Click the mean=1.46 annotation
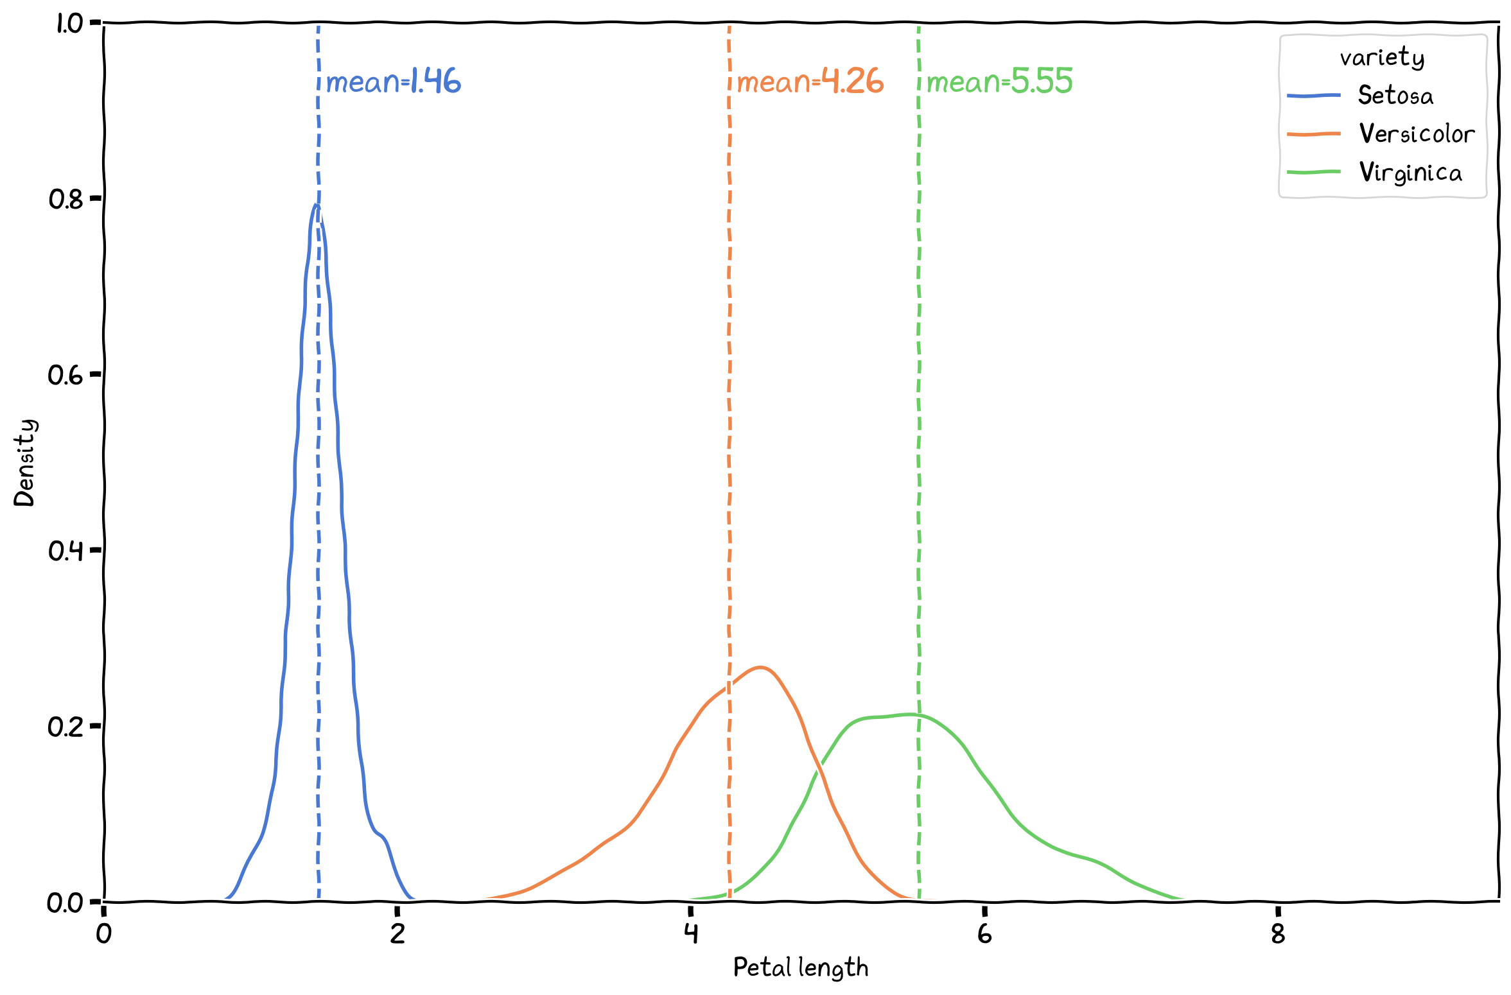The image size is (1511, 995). pos(393,82)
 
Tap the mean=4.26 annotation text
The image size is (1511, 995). pos(810,82)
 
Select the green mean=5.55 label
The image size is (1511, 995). pos(999,82)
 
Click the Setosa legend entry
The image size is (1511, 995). pos(1395,96)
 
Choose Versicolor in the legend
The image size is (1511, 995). pos(1417,134)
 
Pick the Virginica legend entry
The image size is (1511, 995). pos(1410,173)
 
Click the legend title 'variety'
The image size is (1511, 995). pos(1382,58)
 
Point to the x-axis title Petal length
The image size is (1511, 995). pos(800,967)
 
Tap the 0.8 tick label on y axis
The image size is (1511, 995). pos(66,199)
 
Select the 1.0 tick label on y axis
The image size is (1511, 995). pos(69,24)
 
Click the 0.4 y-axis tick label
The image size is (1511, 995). pos(66,551)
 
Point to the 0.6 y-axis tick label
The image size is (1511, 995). pos(66,375)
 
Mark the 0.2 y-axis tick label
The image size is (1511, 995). pos(66,727)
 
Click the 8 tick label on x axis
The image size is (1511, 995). pos(1278,934)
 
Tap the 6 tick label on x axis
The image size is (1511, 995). pos(984,934)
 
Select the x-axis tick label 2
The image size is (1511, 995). pos(397,934)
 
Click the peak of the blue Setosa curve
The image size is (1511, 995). pos(316,205)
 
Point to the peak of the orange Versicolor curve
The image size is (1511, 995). pos(760,668)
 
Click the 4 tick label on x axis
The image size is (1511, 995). pos(691,934)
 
